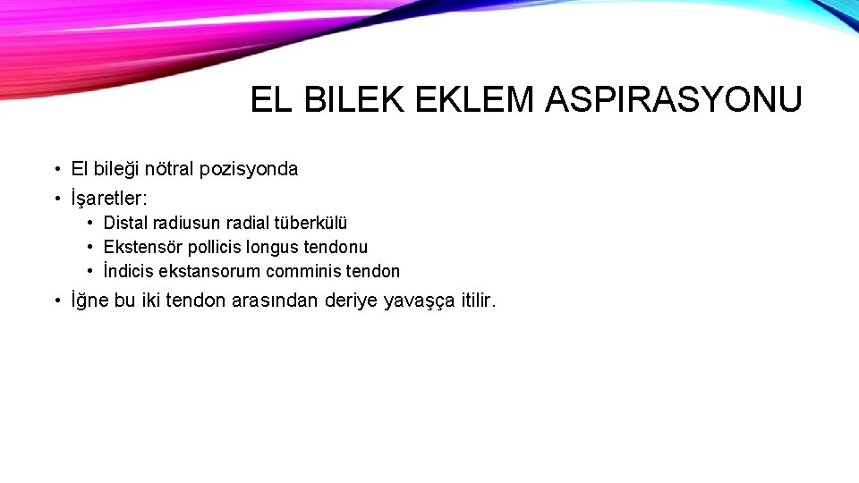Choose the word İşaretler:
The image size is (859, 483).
pos(109,198)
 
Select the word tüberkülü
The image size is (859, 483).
pos(309,223)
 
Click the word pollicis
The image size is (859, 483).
pos(217,247)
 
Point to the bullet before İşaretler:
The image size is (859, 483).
pos(55,198)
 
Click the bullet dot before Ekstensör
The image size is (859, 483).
pos(91,247)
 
